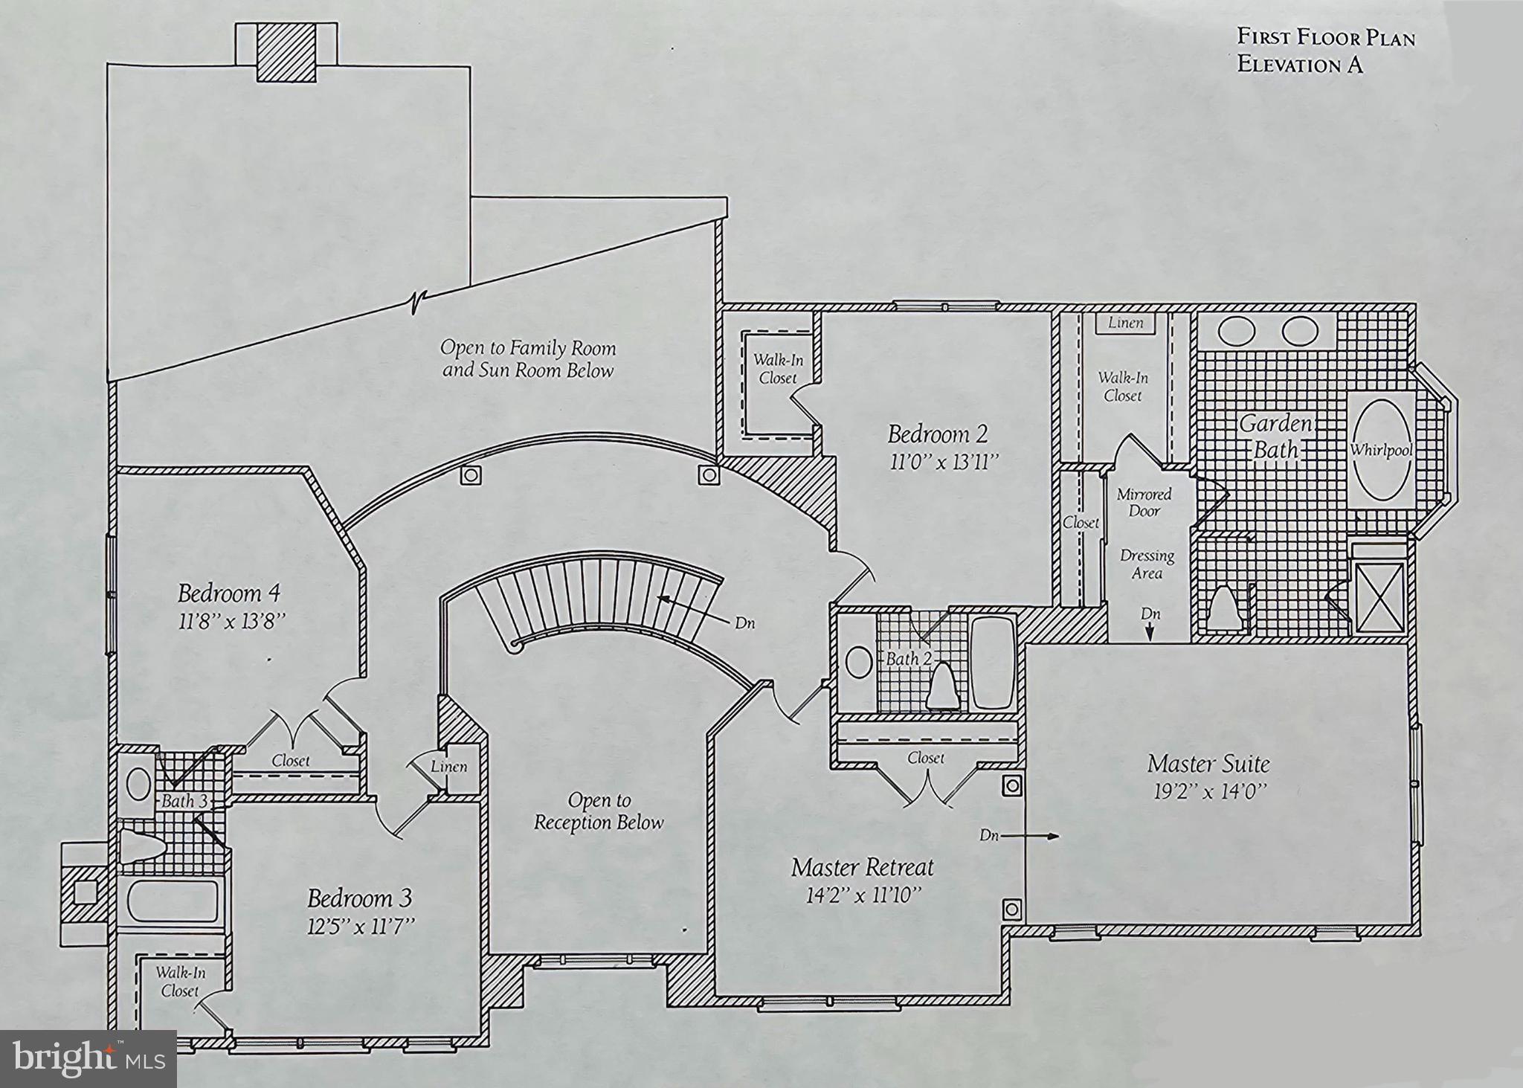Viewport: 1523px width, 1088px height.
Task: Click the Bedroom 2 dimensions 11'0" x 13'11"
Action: [942, 463]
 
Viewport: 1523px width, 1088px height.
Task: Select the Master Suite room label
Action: [1208, 764]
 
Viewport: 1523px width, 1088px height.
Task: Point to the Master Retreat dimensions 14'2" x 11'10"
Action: [863, 895]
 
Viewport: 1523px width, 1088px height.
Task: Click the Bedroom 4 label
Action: [229, 593]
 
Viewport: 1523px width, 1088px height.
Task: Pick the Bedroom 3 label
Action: [359, 898]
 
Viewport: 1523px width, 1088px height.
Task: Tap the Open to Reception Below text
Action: [599, 811]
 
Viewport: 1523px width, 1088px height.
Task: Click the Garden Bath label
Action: [1275, 437]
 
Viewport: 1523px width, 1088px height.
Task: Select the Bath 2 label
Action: [902, 660]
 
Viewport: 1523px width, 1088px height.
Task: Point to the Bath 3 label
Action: [184, 802]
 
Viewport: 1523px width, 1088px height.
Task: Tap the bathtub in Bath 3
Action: [173, 901]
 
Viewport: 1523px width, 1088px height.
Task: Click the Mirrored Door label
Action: [1144, 503]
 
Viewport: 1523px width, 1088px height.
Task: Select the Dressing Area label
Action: [1147, 564]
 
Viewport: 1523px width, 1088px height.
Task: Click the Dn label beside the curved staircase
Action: [744, 623]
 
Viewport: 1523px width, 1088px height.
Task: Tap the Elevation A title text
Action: [1300, 65]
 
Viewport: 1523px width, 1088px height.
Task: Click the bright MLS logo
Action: [88, 1058]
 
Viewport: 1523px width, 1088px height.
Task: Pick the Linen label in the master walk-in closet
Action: [1125, 323]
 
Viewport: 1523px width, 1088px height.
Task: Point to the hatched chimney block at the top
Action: [286, 53]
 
